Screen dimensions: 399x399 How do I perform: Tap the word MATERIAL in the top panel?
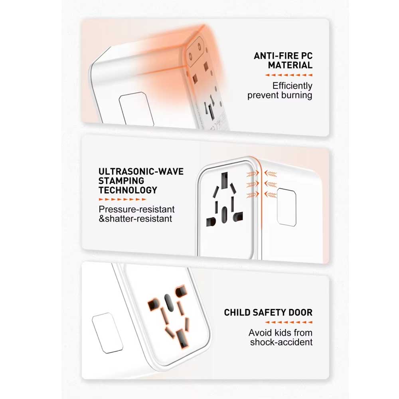tap(290, 65)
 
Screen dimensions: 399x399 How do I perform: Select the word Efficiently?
tap(292, 86)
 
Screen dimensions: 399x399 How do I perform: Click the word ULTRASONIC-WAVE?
tap(141, 172)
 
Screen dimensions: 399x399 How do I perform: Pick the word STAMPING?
tap(121, 181)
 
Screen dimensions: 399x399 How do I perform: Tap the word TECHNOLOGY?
tap(128, 190)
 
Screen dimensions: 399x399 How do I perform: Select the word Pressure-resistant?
tap(136, 209)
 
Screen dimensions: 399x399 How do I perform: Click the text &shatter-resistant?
tap(135, 219)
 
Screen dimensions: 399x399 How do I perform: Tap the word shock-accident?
tap(281, 342)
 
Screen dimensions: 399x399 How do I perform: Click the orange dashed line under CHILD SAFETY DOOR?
tap(288, 322)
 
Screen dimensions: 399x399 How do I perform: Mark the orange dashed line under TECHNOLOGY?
tap(122, 199)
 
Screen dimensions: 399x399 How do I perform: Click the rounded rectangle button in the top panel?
tap(136, 109)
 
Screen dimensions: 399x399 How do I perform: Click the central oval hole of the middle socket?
tap(224, 215)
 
